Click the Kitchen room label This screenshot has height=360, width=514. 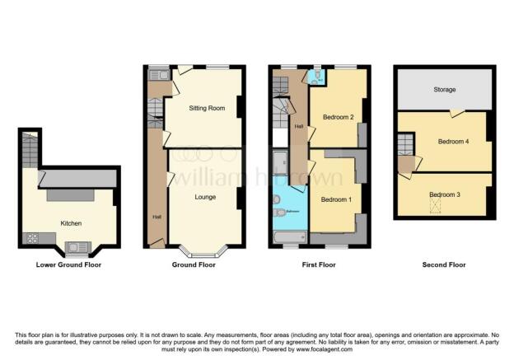tap(71, 223)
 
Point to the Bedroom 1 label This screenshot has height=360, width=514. tap(336, 200)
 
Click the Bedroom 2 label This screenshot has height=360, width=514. tap(338, 118)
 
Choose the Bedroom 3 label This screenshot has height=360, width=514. tap(445, 194)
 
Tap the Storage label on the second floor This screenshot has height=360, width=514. tap(445, 90)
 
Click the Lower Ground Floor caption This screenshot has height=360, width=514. tap(69, 265)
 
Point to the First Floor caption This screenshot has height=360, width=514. tap(318, 265)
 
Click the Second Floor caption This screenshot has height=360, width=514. tap(445, 265)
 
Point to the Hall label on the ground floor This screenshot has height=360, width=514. tap(157, 217)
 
